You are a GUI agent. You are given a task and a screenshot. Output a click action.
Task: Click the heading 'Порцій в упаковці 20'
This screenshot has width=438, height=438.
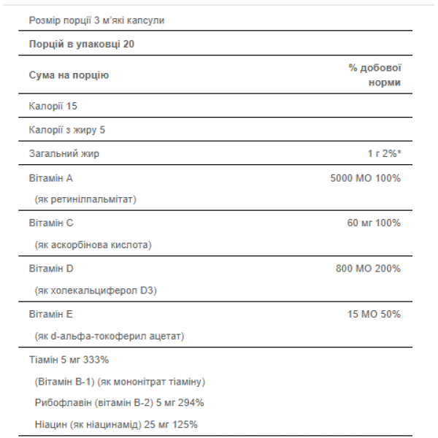click(x=81, y=45)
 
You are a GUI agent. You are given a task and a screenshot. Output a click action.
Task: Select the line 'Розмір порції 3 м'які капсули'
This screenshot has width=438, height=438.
click(x=96, y=20)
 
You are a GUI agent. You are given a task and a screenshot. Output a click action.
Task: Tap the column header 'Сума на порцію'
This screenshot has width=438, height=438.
click(x=69, y=75)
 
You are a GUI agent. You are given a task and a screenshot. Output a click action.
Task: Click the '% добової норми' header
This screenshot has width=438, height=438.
click(x=375, y=75)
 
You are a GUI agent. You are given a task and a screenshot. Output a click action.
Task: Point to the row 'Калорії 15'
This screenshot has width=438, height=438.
click(x=53, y=107)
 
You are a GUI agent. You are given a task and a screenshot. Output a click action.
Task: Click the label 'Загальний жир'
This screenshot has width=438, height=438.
click(x=64, y=153)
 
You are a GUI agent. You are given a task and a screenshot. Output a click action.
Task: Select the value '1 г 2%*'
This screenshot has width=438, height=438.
click(x=384, y=153)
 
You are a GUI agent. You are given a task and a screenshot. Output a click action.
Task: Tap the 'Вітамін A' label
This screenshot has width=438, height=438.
click(x=50, y=177)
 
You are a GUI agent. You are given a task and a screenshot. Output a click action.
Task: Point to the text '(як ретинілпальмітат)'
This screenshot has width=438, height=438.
click(x=85, y=199)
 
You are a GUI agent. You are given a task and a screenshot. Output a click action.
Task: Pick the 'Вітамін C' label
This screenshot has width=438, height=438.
click(x=50, y=223)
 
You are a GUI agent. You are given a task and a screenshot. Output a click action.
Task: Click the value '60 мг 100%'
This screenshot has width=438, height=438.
click(x=374, y=223)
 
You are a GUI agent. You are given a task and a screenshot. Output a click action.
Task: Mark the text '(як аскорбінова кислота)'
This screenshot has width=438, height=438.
click(x=93, y=245)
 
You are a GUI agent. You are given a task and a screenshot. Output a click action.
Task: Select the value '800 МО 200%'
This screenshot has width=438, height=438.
click(x=368, y=269)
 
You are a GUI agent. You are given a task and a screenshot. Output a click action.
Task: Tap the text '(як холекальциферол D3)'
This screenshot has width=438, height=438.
click(x=96, y=291)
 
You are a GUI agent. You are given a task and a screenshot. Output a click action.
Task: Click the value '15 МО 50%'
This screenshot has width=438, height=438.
click(x=374, y=314)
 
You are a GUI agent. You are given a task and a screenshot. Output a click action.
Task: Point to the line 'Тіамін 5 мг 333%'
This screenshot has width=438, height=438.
click(x=69, y=360)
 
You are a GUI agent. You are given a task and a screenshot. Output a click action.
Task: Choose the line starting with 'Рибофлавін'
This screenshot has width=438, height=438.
click(x=119, y=403)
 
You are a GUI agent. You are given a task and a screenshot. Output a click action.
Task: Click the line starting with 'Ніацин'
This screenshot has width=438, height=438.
click(x=116, y=424)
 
